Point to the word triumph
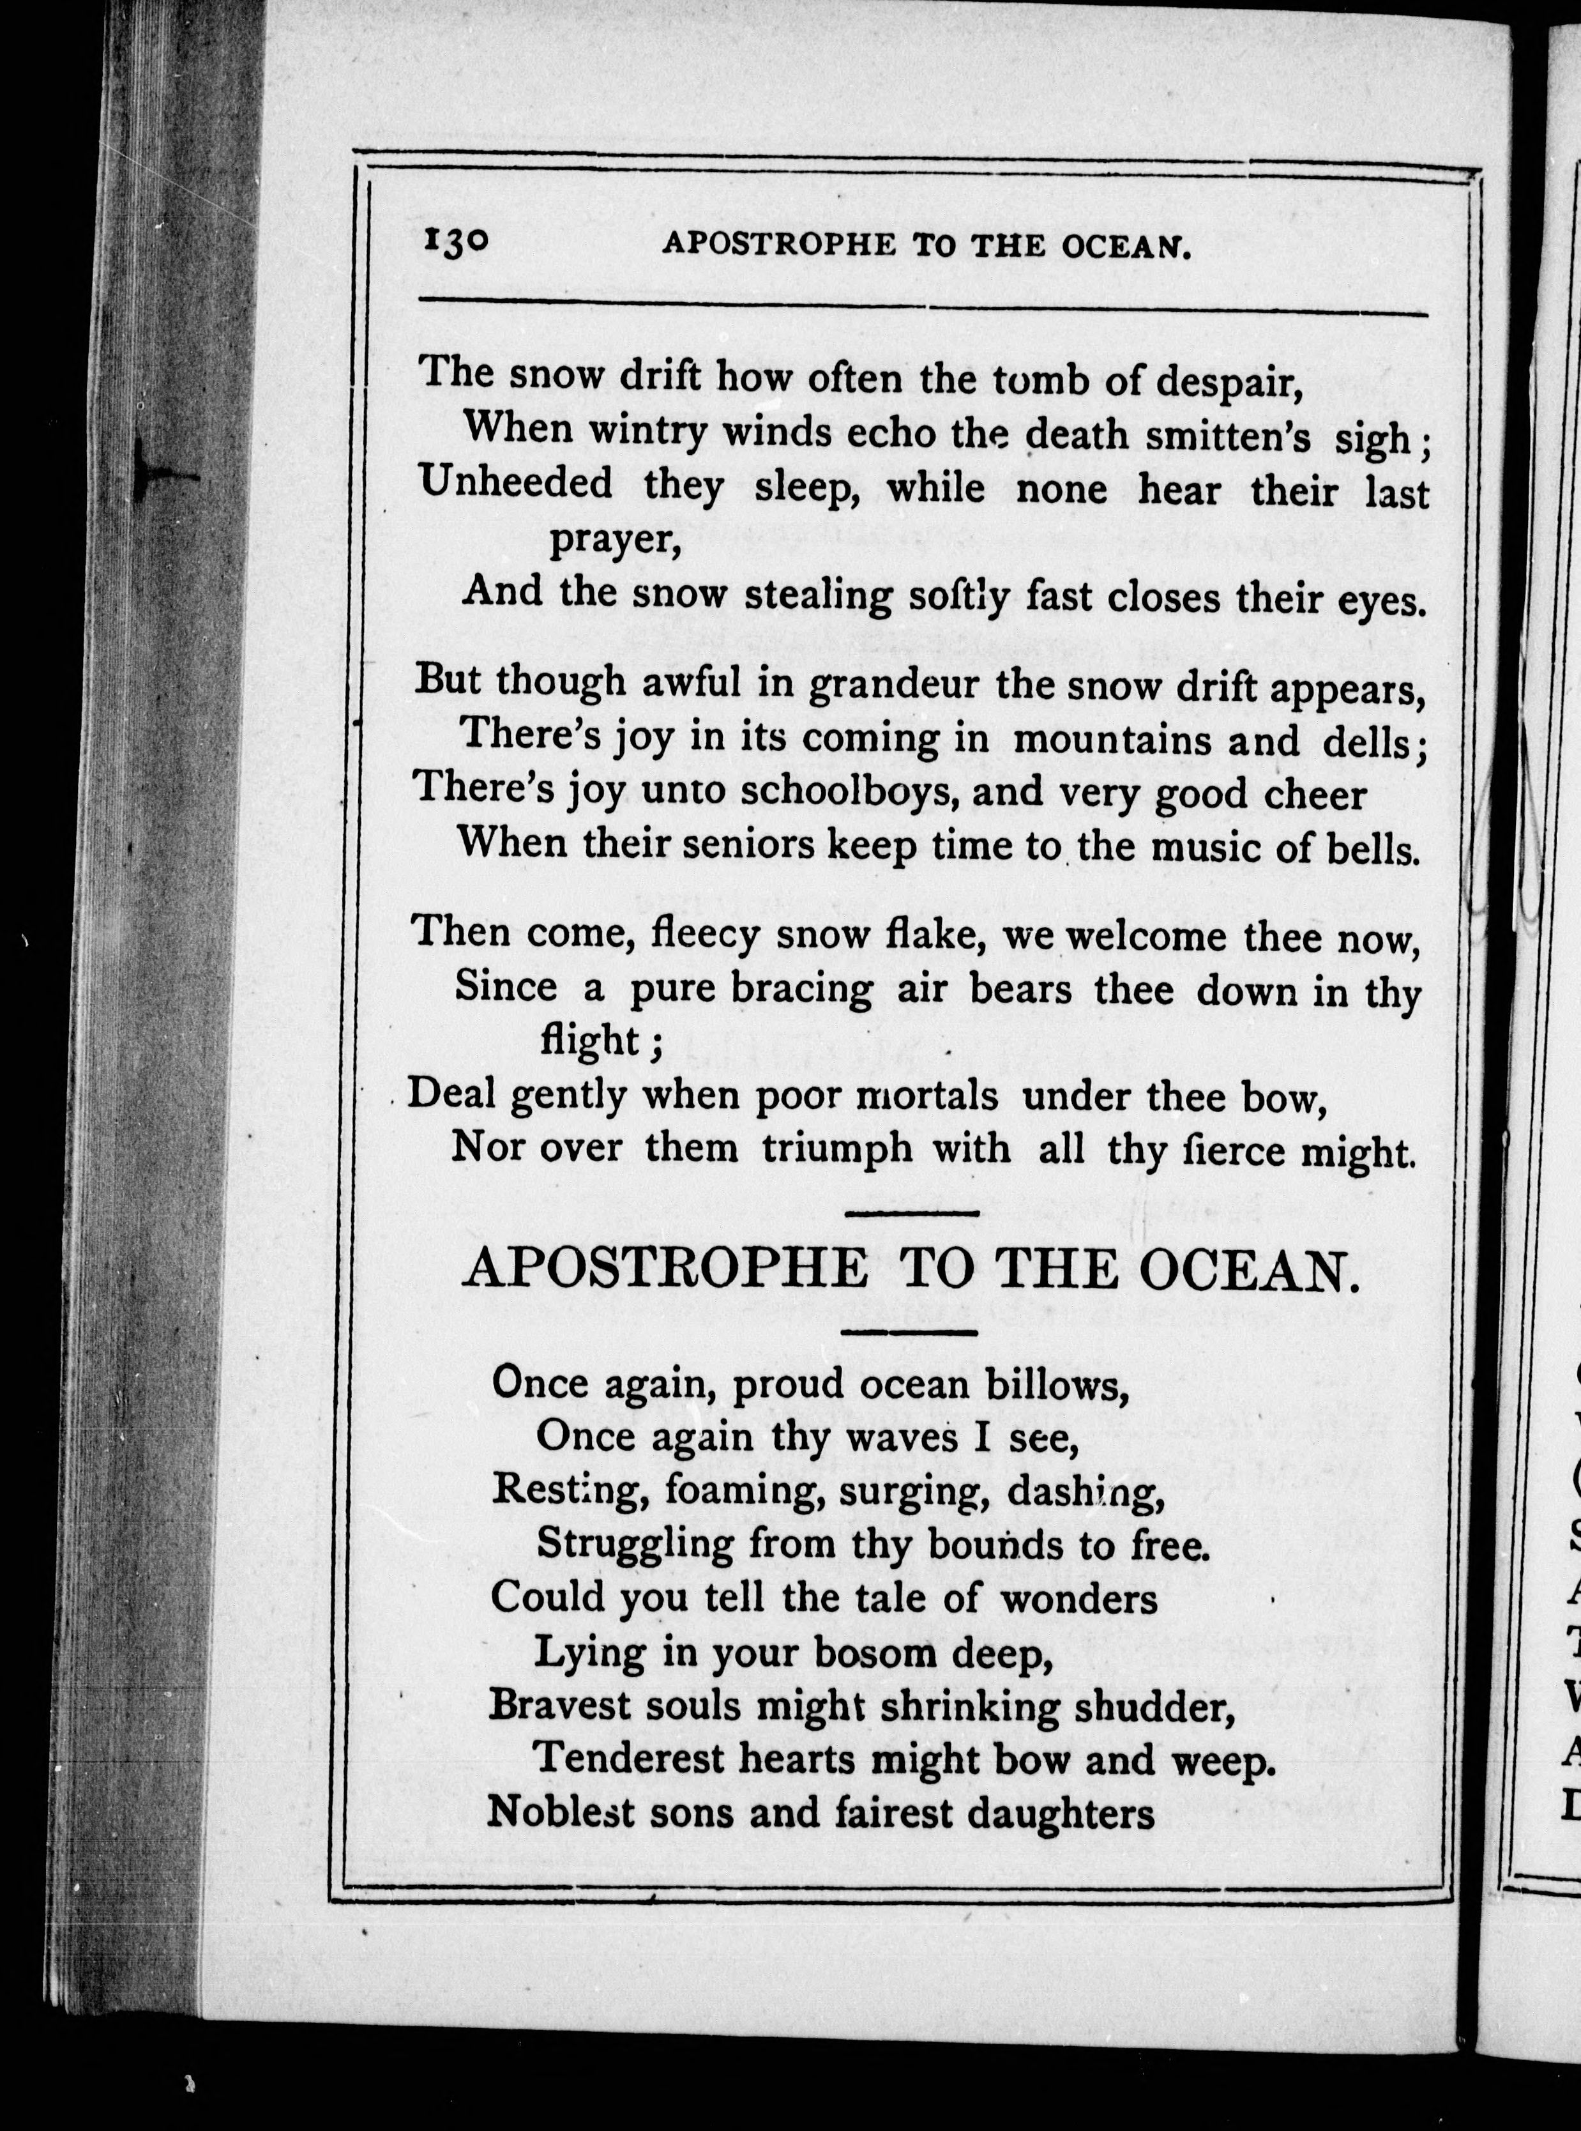click(x=837, y=1148)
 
